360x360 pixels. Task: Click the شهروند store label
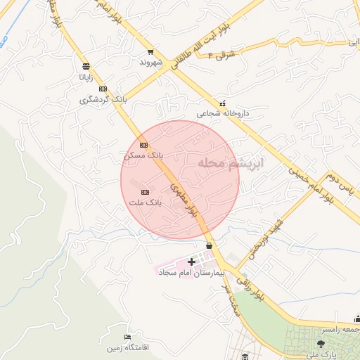click(150, 62)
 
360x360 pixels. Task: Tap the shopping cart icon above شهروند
click(150, 52)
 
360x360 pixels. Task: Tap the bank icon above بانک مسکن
click(143, 145)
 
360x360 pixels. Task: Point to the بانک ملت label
click(145, 202)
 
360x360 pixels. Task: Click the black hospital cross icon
click(191, 262)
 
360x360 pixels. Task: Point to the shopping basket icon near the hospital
click(210, 245)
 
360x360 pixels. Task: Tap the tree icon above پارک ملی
click(321, 343)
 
